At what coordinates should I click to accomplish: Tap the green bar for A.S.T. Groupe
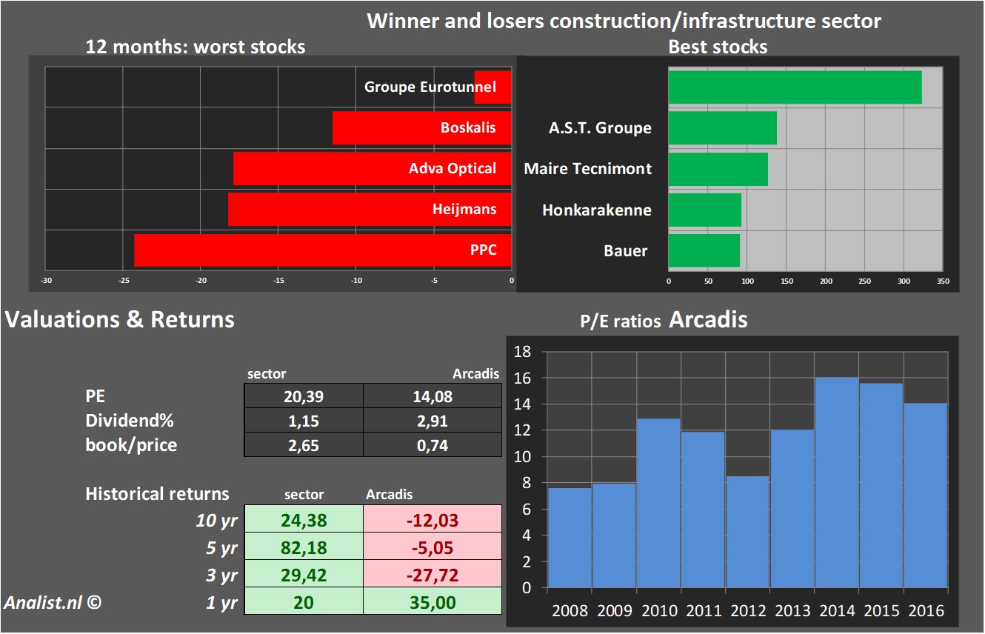pyautogui.click(x=722, y=127)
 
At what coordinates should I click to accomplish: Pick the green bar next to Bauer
pyautogui.click(x=704, y=250)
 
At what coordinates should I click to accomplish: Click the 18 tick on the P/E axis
pyautogui.click(x=523, y=352)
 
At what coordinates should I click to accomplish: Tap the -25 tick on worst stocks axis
pyautogui.click(x=124, y=281)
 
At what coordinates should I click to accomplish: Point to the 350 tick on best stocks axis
pyautogui.click(x=943, y=281)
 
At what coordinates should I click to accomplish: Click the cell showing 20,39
pyautogui.click(x=304, y=397)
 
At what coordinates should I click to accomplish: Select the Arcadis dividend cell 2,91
pyautogui.click(x=432, y=421)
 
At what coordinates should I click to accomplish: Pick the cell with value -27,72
pyautogui.click(x=432, y=575)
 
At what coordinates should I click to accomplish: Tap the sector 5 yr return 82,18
pyautogui.click(x=304, y=548)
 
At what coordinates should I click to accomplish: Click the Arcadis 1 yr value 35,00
pyautogui.click(x=432, y=602)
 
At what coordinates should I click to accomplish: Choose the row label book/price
pyautogui.click(x=131, y=444)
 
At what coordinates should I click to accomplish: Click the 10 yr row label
pyautogui.click(x=216, y=521)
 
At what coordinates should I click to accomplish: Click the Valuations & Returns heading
pyautogui.click(x=120, y=319)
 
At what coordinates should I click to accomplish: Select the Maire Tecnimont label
pyautogui.click(x=587, y=169)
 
